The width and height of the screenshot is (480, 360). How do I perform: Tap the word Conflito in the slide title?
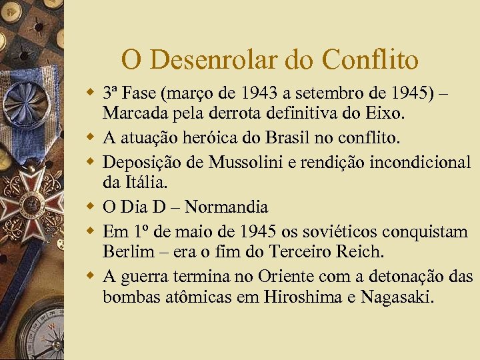(x=370, y=60)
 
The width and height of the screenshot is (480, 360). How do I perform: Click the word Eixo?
(x=385, y=114)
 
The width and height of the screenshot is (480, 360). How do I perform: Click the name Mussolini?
(x=245, y=162)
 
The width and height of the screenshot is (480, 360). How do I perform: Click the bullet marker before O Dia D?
(x=91, y=207)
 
